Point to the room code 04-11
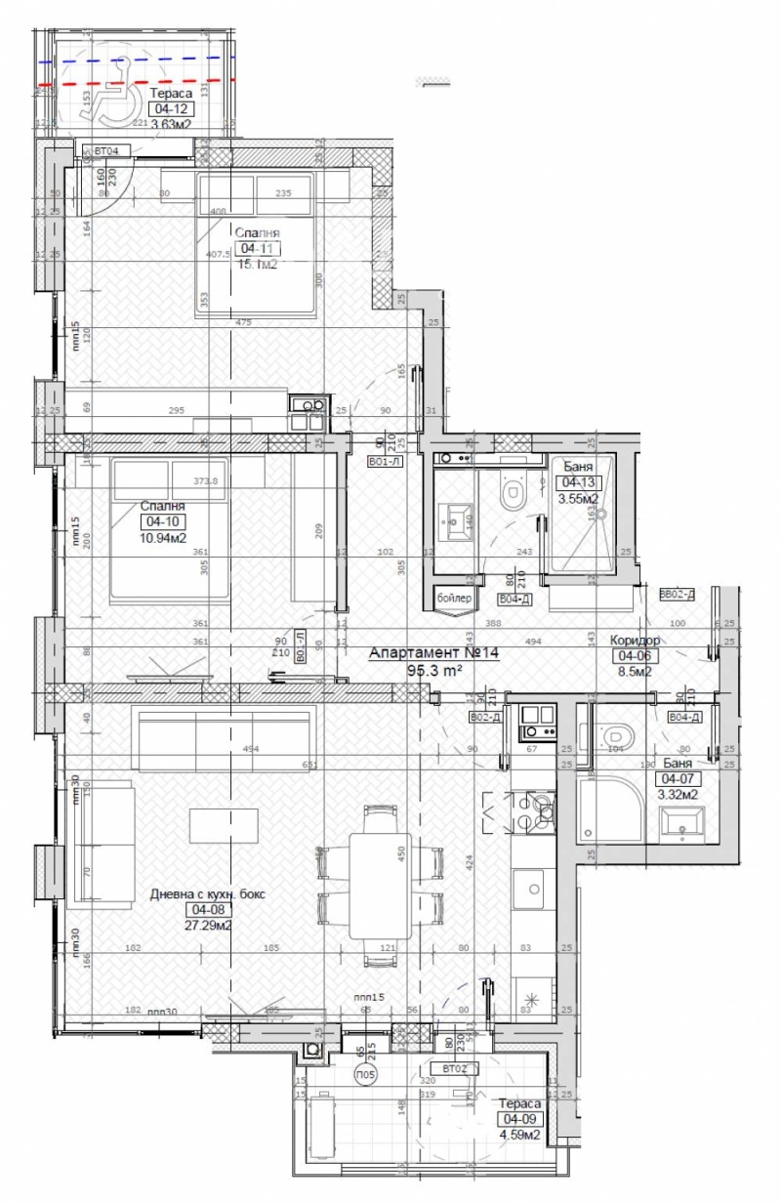257,248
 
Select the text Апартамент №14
432,654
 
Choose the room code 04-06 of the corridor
635,655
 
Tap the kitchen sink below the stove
533,889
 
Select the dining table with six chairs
381,886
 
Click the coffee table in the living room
225,825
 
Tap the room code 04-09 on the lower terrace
518,1119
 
